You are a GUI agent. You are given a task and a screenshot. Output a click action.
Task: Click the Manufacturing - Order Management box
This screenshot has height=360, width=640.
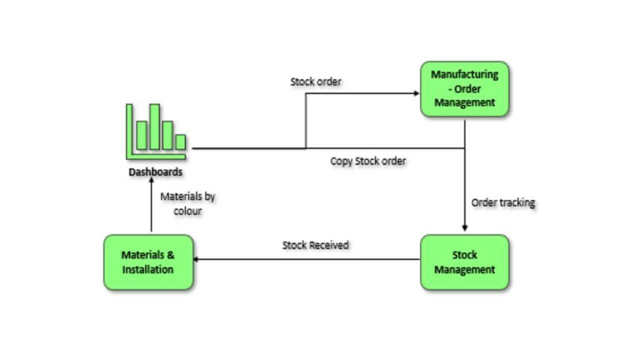tap(464, 89)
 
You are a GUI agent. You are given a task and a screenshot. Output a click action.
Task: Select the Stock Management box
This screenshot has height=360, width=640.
tap(464, 262)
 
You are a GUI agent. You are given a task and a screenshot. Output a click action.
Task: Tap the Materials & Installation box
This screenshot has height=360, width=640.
tap(148, 262)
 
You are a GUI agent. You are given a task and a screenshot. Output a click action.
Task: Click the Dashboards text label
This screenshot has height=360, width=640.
tap(156, 172)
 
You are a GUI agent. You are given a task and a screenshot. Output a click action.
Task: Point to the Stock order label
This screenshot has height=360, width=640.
tap(316, 82)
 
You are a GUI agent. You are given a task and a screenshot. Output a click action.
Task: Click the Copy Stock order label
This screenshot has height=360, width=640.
tap(368, 161)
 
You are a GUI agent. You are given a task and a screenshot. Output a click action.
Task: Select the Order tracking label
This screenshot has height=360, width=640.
tap(503, 202)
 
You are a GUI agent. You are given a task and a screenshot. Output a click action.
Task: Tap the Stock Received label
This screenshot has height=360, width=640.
tap(316, 246)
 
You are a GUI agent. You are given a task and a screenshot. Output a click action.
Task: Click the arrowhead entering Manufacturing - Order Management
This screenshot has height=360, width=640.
tap(417, 94)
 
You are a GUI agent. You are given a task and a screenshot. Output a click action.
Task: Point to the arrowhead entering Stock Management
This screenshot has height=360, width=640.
tap(464, 229)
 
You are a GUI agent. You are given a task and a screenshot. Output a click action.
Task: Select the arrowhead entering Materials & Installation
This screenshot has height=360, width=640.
tap(196, 259)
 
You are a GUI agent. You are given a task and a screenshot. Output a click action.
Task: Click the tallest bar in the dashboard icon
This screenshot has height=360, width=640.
tap(154, 127)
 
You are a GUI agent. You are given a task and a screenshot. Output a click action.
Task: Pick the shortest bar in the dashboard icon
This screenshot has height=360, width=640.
tap(181, 142)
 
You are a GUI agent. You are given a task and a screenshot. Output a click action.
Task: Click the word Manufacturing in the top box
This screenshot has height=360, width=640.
tap(464, 74)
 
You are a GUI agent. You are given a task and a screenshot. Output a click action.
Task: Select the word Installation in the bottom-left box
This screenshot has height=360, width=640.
tap(148, 270)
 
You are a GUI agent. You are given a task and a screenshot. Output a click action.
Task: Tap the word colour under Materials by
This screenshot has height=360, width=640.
tap(187, 211)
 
